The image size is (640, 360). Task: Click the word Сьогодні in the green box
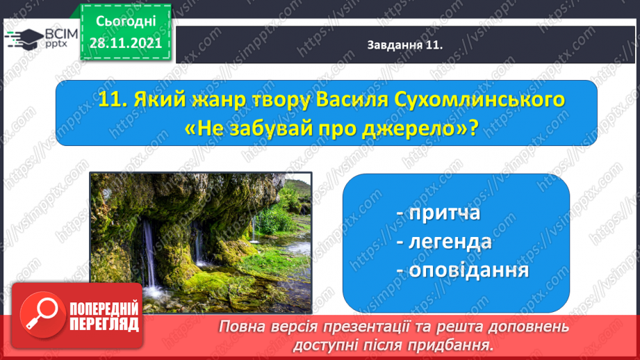tap(126, 22)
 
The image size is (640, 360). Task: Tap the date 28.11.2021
tap(126, 43)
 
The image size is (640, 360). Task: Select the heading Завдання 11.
tap(405, 45)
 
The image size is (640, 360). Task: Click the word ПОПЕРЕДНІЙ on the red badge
tap(104, 309)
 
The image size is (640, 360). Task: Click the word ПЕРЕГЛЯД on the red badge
tap(104, 324)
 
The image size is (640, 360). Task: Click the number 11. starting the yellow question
tap(113, 100)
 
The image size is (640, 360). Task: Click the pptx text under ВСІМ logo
tap(56, 43)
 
